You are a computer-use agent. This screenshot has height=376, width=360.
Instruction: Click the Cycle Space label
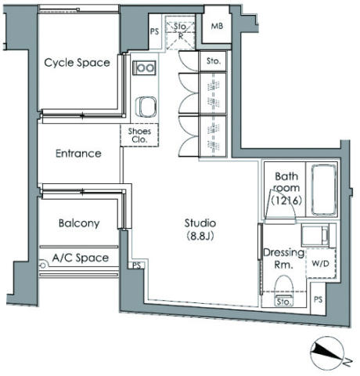point(77,63)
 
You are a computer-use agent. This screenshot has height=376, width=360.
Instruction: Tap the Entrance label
point(78,154)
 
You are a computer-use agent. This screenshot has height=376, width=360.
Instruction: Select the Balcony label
point(79,223)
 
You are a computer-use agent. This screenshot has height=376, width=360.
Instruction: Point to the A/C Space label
point(81,258)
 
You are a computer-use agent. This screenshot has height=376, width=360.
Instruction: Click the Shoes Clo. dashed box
point(139,135)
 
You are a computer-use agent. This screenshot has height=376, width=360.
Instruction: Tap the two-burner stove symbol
point(144,68)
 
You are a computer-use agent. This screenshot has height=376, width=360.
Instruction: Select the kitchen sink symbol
point(146,107)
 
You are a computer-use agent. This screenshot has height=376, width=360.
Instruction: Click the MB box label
point(217,26)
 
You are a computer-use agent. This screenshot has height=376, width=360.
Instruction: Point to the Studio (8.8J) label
point(200,230)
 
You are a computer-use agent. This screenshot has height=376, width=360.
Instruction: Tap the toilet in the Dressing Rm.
point(283,291)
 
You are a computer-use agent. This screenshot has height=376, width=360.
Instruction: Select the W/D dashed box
point(321,263)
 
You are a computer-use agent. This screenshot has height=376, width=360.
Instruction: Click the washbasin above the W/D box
point(315,235)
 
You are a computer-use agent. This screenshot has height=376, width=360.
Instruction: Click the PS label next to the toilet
point(318,299)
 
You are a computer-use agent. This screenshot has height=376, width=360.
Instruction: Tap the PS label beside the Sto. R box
point(154,31)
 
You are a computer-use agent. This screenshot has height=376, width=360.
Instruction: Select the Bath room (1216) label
point(286,188)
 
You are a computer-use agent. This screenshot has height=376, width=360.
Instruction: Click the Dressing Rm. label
point(283,258)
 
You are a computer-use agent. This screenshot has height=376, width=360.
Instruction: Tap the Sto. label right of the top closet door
point(214,61)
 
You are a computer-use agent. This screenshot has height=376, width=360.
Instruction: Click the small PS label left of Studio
point(137,266)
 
